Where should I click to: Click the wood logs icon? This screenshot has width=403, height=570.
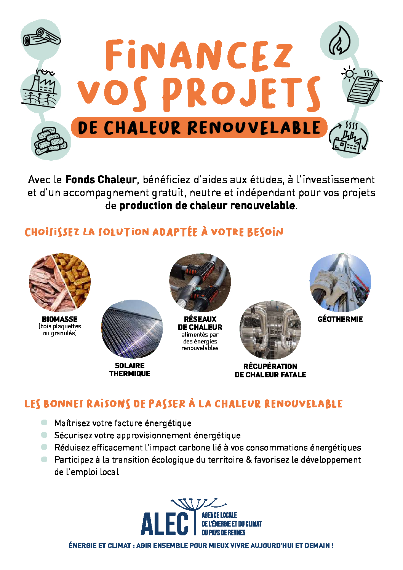pos(41,37)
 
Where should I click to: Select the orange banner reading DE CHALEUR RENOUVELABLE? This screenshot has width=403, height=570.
pos(199,128)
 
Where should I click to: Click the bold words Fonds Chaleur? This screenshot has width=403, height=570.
pos(101,180)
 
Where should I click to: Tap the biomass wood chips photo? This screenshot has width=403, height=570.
pos(60,283)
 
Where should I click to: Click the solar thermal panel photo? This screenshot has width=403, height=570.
pos(132,329)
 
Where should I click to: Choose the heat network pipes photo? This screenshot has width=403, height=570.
pos(200,283)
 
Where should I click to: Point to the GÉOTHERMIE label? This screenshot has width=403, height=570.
pos(340,319)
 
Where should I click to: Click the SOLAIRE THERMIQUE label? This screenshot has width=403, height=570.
pos(130,369)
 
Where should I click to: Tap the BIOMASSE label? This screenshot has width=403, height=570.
pos(60,319)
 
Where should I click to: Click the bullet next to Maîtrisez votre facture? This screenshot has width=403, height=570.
pos(44,423)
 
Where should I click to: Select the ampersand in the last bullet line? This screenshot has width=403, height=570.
pos(249,460)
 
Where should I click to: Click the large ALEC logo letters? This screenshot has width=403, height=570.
pos(165,524)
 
